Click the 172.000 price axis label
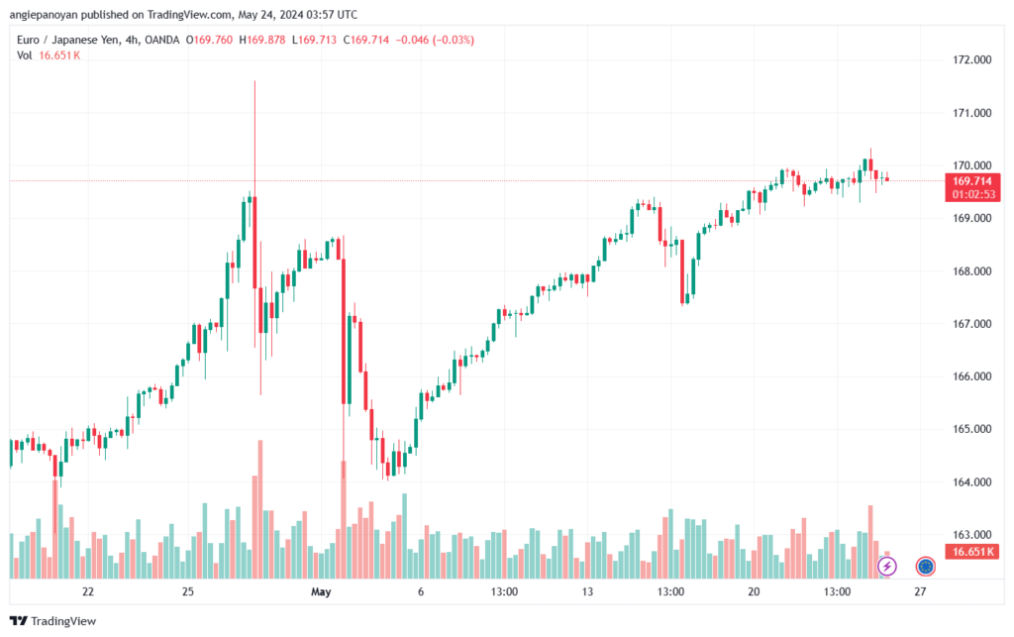tap(970, 60)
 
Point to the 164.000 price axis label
tap(970, 482)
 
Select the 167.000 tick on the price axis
tap(970, 324)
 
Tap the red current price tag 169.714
tap(973, 181)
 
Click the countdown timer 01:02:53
tap(973, 194)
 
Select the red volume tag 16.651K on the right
tap(973, 551)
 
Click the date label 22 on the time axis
tap(88, 591)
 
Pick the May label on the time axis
tap(320, 591)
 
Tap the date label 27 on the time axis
tap(920, 591)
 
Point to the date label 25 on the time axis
tap(187, 591)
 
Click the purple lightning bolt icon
tap(887, 566)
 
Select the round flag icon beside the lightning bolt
tap(925, 566)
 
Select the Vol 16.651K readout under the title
tap(49, 55)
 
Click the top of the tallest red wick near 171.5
tap(254, 82)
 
